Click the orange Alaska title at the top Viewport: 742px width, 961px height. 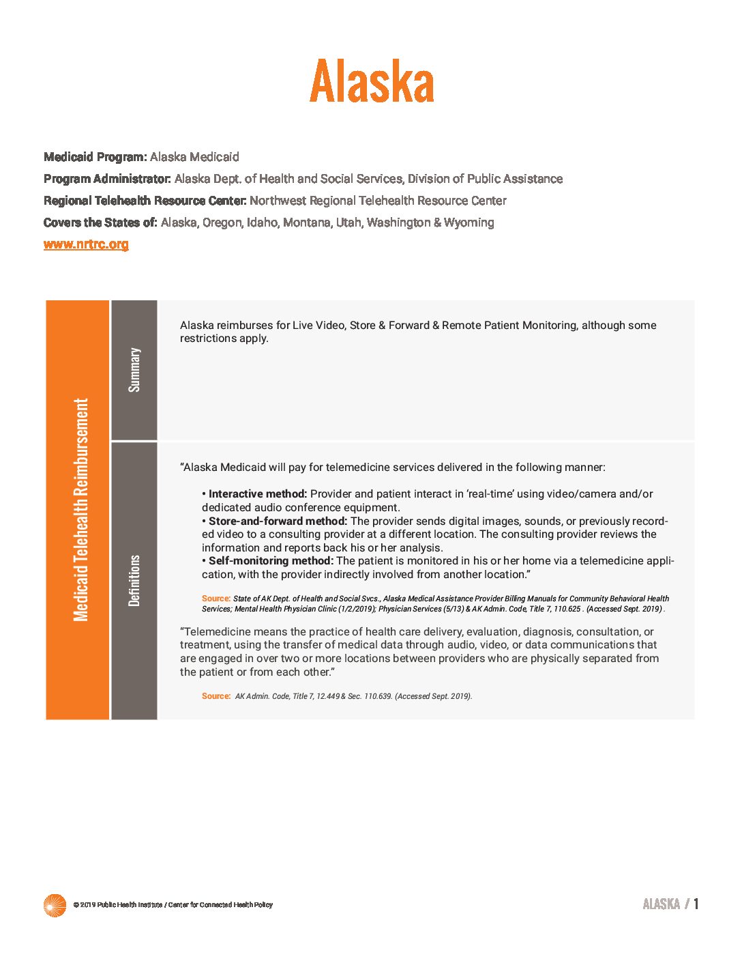[372, 81]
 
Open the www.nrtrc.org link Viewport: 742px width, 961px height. [86, 244]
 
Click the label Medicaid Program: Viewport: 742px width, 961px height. [95, 157]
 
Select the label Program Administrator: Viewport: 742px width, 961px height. [107, 179]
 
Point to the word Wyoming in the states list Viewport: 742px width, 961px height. [469, 223]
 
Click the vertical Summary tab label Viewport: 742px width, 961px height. [134, 370]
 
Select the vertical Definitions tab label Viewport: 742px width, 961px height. [134, 580]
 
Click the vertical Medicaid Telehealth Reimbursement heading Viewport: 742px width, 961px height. [80, 510]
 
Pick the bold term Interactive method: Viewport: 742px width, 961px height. [258, 494]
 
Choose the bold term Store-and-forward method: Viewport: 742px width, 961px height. [278, 521]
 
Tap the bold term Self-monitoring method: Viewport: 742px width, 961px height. [271, 561]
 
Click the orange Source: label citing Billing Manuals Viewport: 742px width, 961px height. [216, 599]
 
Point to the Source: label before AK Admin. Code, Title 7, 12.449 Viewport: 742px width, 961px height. [216, 696]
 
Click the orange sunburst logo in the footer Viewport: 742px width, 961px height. [55, 905]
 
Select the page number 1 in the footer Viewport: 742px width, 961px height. [696, 904]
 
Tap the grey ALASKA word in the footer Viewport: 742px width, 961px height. [661, 904]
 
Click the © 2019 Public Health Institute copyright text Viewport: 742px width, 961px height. [173, 905]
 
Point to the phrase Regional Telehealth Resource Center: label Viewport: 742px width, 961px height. [145, 201]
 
